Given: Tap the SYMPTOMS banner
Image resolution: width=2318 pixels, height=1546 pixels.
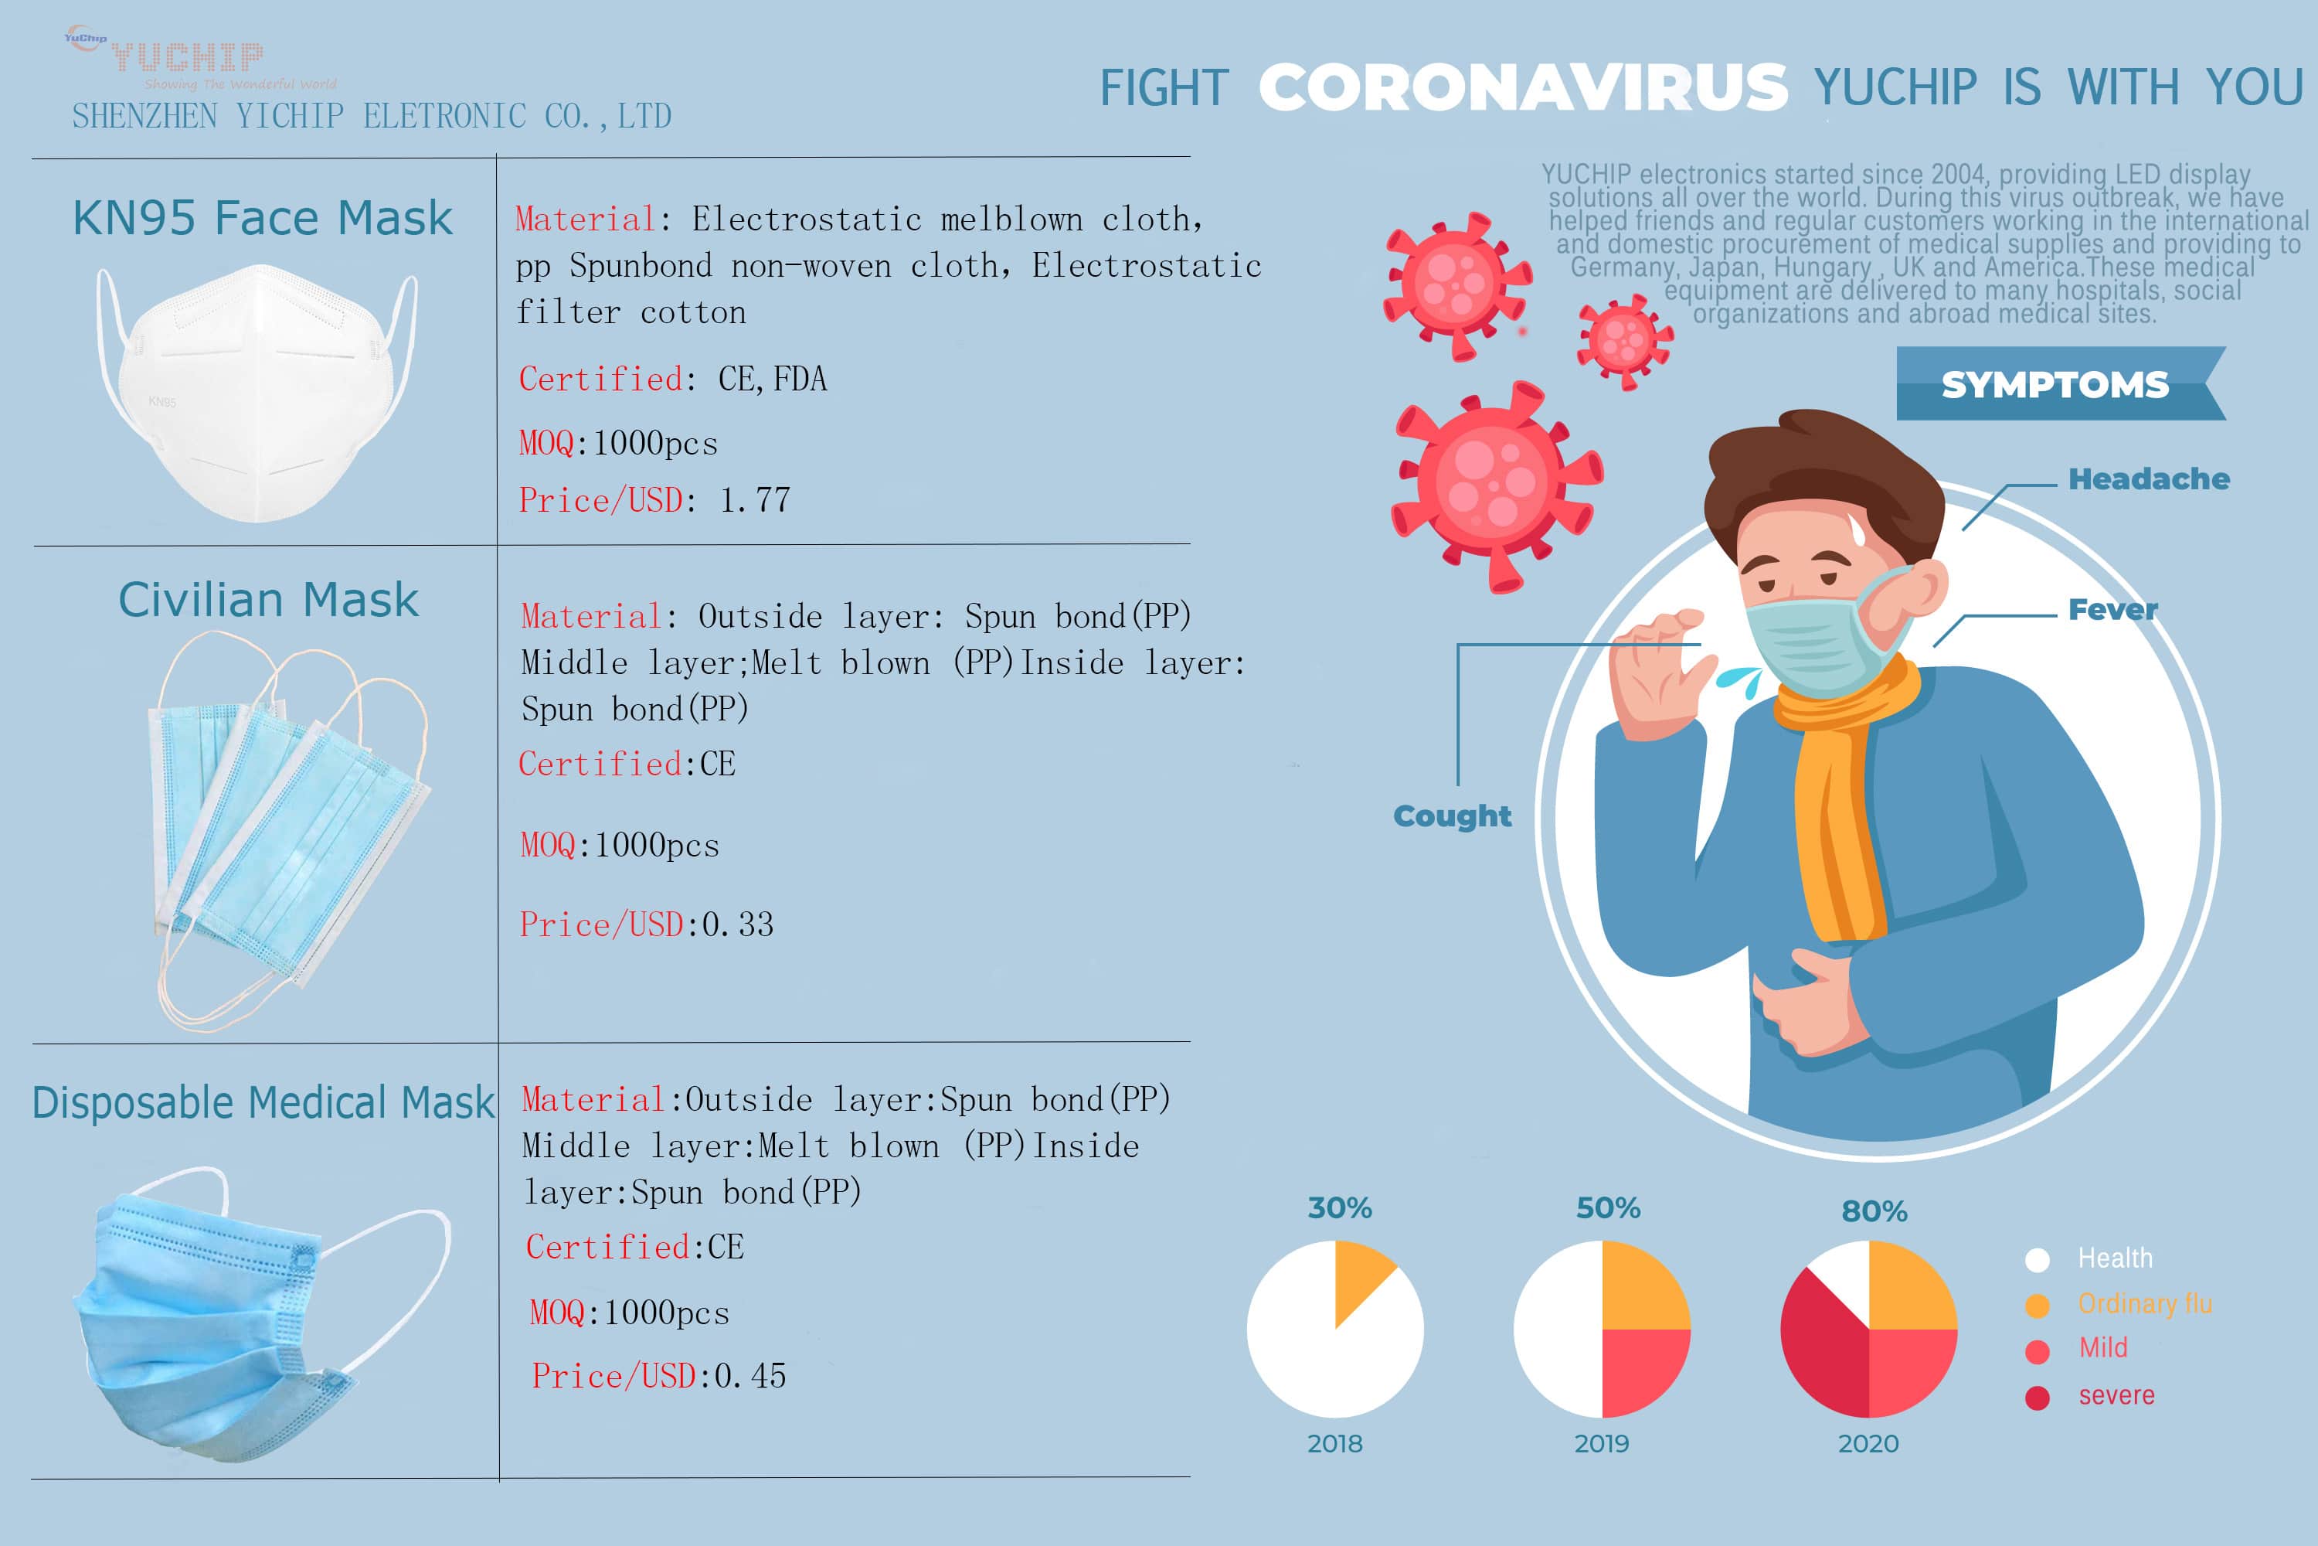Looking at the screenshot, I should pos(2055,384).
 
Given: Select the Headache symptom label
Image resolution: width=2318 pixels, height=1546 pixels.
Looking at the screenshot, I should pos(2149,479).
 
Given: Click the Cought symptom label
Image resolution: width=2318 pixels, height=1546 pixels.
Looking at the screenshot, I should pos(1452,816).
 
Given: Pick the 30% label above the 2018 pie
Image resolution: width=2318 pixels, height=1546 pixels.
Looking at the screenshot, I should pos(1339,1207).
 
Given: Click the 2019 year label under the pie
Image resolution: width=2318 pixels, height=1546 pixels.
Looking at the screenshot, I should pos(1602,1443).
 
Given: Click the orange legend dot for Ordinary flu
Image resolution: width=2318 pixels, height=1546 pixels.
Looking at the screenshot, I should pos(2037,1306).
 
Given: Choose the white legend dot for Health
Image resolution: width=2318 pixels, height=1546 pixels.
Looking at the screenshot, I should pos(2037,1259).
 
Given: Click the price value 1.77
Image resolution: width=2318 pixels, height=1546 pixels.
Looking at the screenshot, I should pos(755,501).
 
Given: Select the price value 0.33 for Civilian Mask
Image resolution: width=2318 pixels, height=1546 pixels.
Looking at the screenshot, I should pos(737,925).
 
